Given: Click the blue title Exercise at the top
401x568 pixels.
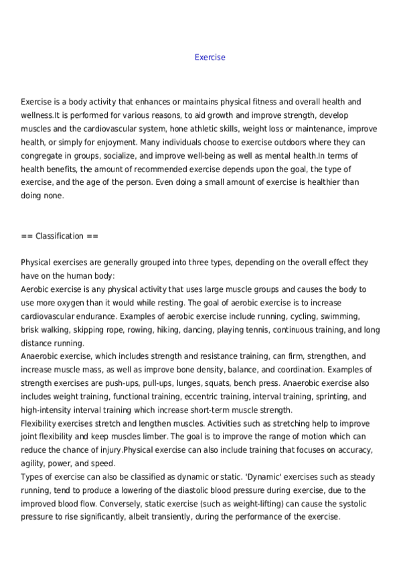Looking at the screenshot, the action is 210,58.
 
